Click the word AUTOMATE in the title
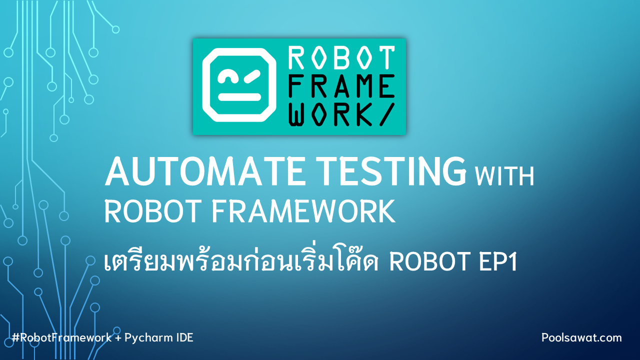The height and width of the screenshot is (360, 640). click(x=204, y=171)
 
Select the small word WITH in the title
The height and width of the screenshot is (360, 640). click(x=504, y=176)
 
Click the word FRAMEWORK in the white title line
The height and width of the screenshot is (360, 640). click(x=303, y=211)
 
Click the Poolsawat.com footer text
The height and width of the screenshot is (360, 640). click(x=581, y=337)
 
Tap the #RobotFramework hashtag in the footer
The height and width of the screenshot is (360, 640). click(x=61, y=337)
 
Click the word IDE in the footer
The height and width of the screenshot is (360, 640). click(x=184, y=337)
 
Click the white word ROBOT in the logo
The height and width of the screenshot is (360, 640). click(x=341, y=58)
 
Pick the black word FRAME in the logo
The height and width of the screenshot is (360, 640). click(x=341, y=86)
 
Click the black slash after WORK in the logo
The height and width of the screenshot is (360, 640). click(x=387, y=114)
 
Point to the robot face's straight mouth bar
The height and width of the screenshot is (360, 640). click(x=239, y=97)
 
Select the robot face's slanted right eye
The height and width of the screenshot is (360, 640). click(x=252, y=76)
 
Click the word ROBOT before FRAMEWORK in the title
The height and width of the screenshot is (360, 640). click(x=153, y=211)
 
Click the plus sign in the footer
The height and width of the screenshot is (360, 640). click(x=118, y=338)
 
